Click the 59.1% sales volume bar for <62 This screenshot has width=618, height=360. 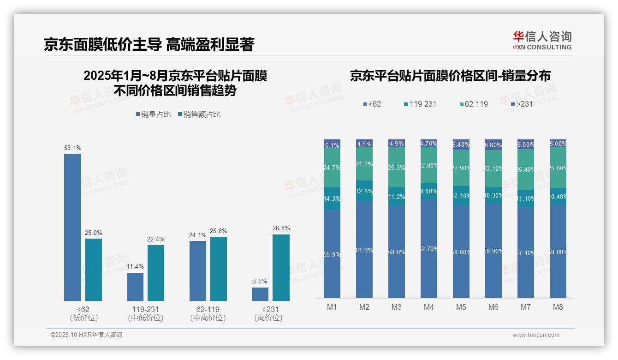pyautogui.click(x=72, y=227)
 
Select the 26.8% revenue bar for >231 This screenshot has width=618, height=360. pyautogui.click(x=281, y=268)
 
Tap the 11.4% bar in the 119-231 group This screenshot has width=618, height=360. pyautogui.click(x=135, y=287)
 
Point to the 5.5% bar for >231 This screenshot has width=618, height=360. pyautogui.click(x=260, y=294)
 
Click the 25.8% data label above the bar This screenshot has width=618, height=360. pyautogui.click(x=219, y=231)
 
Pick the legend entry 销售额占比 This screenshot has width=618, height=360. pyautogui.click(x=199, y=114)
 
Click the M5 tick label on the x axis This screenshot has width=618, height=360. pyautogui.click(x=461, y=307)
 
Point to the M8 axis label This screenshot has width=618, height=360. pyautogui.click(x=558, y=307)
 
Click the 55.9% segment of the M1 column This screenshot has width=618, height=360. pyautogui.click(x=332, y=254)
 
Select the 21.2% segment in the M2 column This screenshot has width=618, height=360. pyautogui.click(x=364, y=164)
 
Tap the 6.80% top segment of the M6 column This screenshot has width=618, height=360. pyautogui.click(x=493, y=144)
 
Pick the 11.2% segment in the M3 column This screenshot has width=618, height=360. pyautogui.click(x=397, y=196)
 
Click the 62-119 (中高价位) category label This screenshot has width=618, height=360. pyautogui.click(x=208, y=313)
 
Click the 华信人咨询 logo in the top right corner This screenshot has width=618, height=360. pyautogui.click(x=542, y=40)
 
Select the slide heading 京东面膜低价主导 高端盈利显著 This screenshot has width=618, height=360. pyautogui.click(x=149, y=45)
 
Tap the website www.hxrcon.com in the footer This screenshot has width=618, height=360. pyautogui.click(x=536, y=335)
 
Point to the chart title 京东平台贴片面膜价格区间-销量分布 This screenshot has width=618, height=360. pyautogui.click(x=450, y=76)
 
